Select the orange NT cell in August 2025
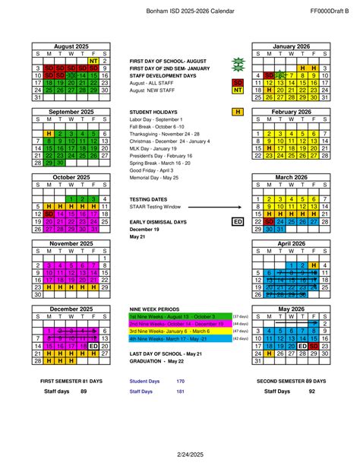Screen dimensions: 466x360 (x=93, y=62)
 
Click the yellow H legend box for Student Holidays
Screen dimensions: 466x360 (x=238, y=112)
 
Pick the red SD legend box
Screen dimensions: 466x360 (x=238, y=82)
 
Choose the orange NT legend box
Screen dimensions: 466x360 (x=238, y=90)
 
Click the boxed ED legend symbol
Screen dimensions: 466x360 (x=237, y=221)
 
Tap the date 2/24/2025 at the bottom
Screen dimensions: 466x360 (x=180, y=455)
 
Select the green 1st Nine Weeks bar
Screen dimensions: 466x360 (x=180, y=316)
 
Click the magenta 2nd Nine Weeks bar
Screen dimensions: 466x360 (x=180, y=324)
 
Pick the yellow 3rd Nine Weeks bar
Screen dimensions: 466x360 (x=180, y=331)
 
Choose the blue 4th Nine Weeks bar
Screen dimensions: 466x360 (x=180, y=339)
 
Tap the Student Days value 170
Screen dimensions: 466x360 (x=181, y=380)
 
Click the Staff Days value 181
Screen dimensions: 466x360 (x=181, y=392)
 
